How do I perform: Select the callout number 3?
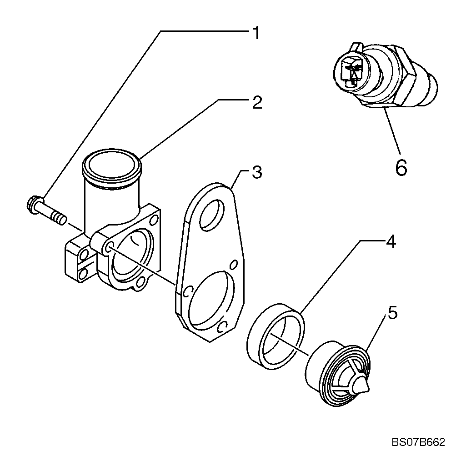coord(256,173)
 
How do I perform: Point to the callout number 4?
coord(391,242)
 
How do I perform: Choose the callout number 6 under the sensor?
coord(401,168)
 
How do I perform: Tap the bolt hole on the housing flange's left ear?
coord(109,247)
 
